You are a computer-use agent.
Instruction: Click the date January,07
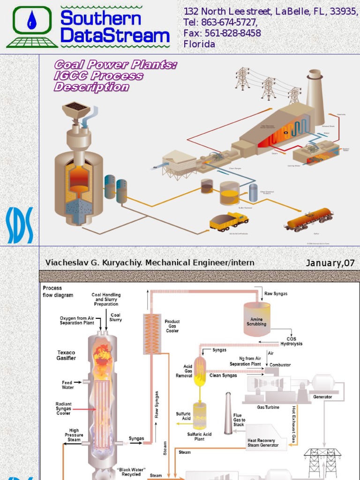tap(330, 263)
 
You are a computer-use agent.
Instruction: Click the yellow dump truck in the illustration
tap(228, 221)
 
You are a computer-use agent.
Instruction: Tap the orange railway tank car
tap(309, 219)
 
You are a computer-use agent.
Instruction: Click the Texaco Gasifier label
tap(66, 355)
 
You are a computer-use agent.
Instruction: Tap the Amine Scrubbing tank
tap(257, 319)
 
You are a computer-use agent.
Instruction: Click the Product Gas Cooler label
tap(172, 326)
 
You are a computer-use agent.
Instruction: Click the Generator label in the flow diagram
tap(322, 397)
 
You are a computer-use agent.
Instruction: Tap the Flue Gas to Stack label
tap(239, 420)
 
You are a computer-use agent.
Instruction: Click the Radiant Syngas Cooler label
tap(63, 408)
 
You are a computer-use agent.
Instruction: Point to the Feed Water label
tap(67, 385)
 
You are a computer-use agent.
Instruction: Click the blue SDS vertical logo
tap(20, 225)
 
